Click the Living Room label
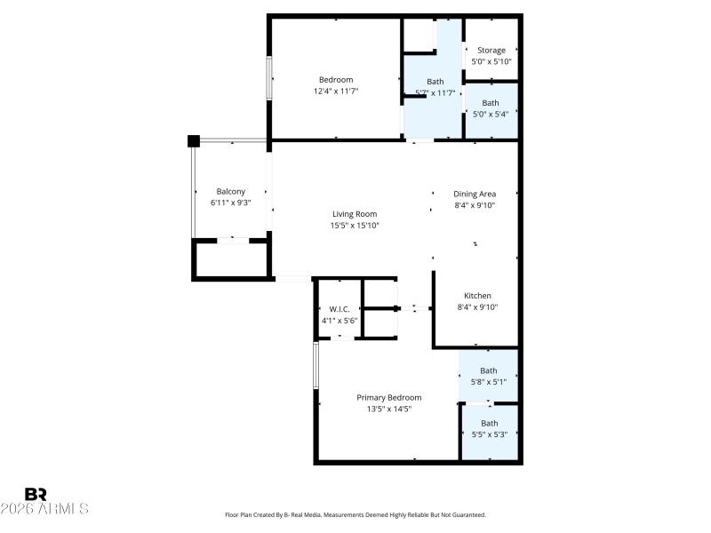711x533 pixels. (355, 214)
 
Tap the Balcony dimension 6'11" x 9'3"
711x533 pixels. (230, 203)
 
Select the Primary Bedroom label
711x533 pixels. (388, 397)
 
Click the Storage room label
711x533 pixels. (491, 51)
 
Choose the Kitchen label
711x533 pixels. (476, 296)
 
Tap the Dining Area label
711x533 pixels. (475, 194)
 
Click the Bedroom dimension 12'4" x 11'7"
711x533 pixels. (336, 91)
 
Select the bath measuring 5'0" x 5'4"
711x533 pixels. (491, 108)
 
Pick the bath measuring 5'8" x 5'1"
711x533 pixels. (489, 377)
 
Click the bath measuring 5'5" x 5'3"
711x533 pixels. (489, 429)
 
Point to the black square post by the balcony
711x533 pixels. (194, 140)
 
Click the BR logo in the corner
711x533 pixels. (36, 494)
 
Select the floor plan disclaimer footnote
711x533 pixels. (355, 514)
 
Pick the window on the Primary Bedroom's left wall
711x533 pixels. (316, 365)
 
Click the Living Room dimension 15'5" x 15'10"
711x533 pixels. (355, 226)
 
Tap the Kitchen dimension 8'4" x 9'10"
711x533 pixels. (476, 307)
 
